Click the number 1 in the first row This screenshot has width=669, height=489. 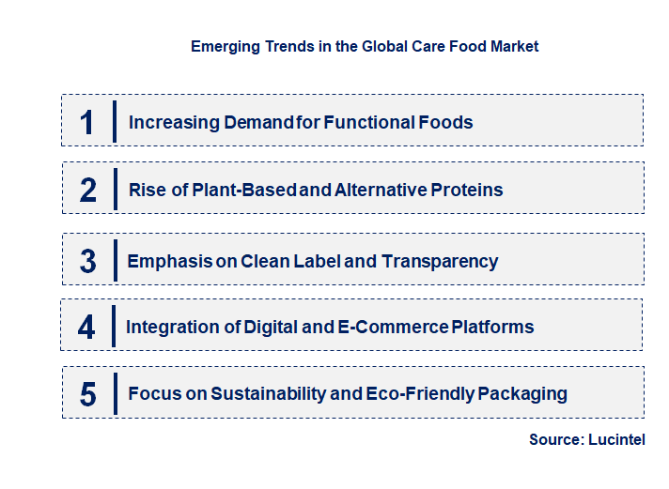[87, 122]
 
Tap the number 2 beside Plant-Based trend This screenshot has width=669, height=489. [88, 191]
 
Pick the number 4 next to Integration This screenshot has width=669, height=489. [86, 328]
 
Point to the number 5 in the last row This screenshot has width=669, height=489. [87, 394]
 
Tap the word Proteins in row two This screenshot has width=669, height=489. [467, 190]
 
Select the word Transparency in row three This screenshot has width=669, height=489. [440, 261]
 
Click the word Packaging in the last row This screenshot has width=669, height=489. [522, 393]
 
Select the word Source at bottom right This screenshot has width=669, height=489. [553, 439]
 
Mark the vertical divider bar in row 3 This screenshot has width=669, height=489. [114, 260]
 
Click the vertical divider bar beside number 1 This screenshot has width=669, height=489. [114, 121]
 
